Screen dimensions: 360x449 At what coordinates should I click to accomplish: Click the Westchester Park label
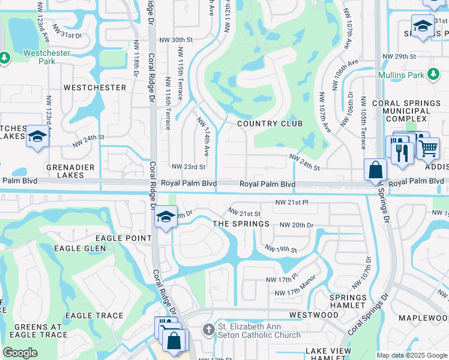(x=47, y=57)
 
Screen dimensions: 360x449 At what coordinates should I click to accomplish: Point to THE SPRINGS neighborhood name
(x=242, y=224)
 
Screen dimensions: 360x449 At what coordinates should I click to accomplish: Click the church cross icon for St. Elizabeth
(x=208, y=329)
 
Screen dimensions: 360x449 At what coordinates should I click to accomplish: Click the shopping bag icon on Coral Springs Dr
(x=375, y=170)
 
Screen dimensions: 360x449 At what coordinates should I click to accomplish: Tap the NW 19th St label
(x=281, y=248)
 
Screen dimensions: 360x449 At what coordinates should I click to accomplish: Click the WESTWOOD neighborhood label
(x=314, y=315)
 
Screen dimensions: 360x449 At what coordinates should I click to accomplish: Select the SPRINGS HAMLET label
(x=348, y=302)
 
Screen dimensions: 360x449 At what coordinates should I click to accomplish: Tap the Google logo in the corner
(x=20, y=353)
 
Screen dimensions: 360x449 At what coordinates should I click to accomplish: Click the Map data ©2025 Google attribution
(x=412, y=355)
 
